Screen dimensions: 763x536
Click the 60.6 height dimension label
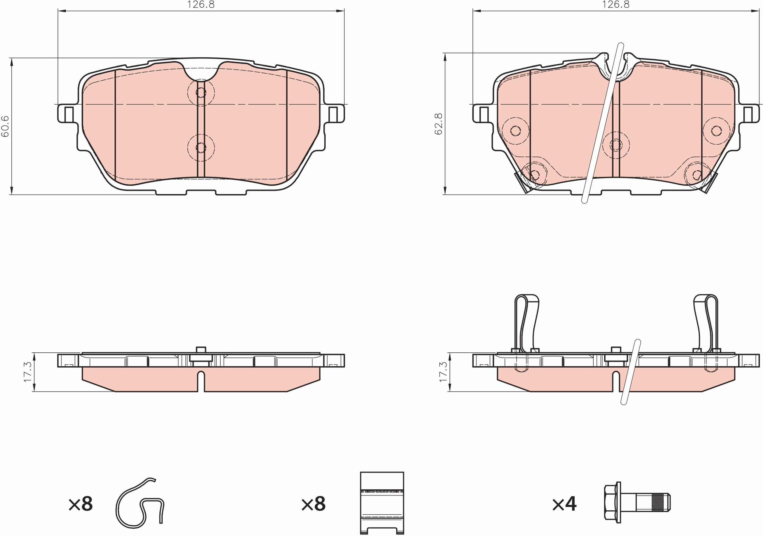point(5,126)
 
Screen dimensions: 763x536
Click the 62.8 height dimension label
point(438,124)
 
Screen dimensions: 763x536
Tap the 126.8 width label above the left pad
point(201,5)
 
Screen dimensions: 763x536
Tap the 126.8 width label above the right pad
point(616,5)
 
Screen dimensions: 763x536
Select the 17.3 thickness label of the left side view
point(27,372)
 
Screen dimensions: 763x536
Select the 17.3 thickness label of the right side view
point(443,372)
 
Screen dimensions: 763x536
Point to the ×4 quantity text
point(565,504)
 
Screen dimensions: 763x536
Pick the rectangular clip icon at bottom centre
point(382,503)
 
